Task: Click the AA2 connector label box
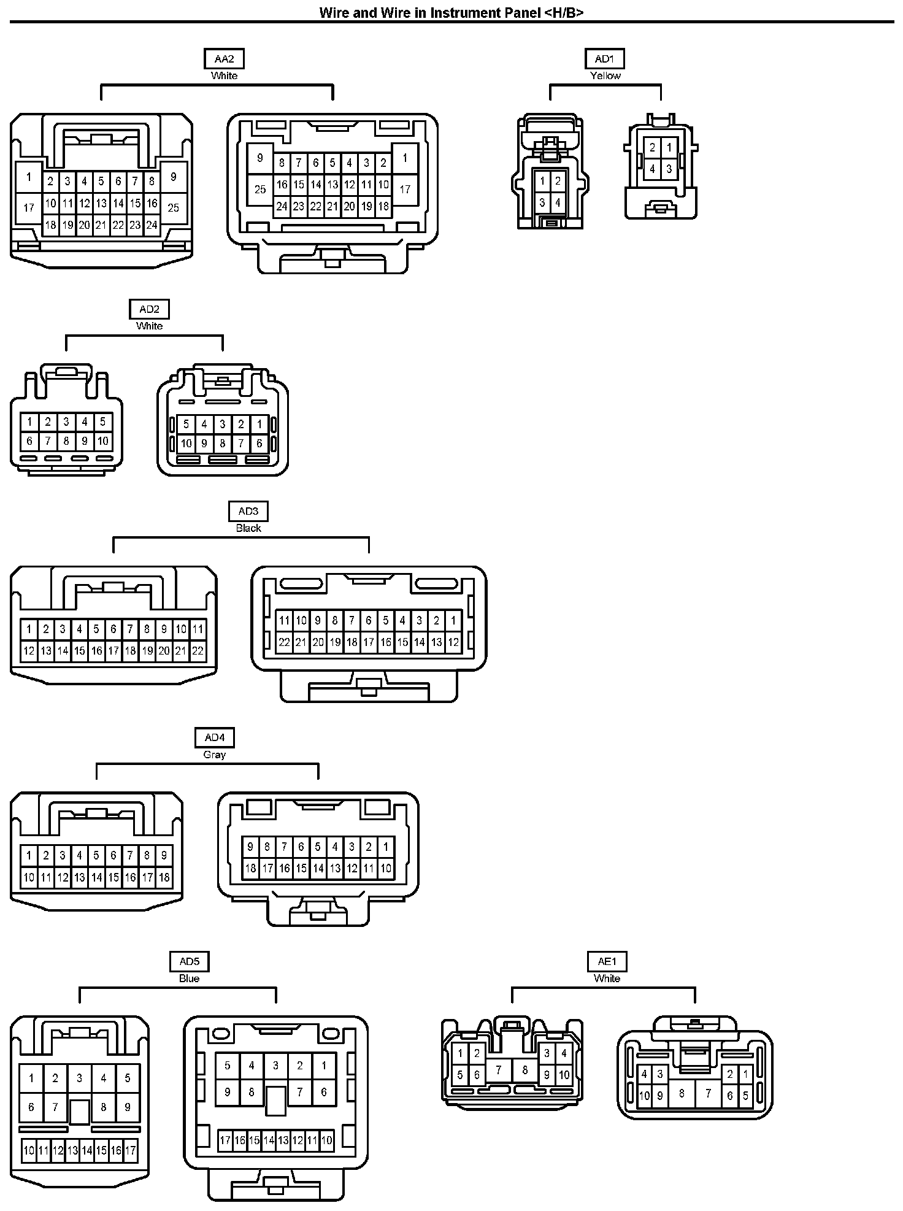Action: tap(224, 59)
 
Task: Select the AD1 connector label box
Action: tap(604, 59)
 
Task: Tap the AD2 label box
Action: tap(149, 309)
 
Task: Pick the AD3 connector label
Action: tap(248, 511)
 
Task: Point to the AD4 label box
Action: tap(215, 737)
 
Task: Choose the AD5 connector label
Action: tap(189, 961)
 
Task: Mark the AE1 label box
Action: tap(607, 961)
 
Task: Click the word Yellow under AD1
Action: tap(605, 75)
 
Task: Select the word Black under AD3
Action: tap(248, 528)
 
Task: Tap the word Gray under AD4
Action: tap(215, 755)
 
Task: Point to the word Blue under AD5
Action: tap(189, 978)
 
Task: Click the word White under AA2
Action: tap(224, 75)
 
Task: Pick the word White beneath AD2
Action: tap(149, 326)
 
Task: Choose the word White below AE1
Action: tap(607, 978)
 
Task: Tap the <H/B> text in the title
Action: tap(564, 12)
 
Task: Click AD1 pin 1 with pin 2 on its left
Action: tap(669, 147)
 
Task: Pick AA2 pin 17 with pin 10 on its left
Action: tap(405, 189)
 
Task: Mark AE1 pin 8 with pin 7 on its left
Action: tap(525, 1070)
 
